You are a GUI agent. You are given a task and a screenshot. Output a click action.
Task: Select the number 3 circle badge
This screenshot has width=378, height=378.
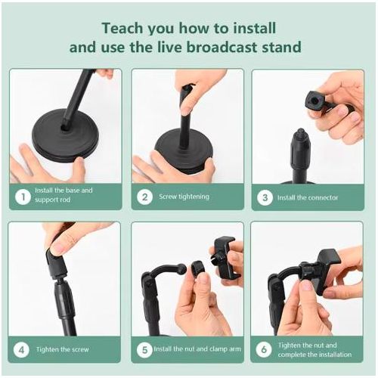(x=265, y=197)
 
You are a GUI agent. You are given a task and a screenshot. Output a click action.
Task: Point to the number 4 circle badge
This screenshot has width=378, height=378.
(x=23, y=349)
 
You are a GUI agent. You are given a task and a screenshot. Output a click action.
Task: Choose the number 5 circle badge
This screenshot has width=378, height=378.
(x=145, y=349)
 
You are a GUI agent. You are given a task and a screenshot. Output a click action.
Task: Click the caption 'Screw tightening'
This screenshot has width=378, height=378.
(x=184, y=197)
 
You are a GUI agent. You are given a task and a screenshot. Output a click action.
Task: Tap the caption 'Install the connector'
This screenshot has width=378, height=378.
(x=307, y=197)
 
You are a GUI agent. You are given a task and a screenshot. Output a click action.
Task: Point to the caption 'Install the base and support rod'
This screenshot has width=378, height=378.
(x=64, y=196)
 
